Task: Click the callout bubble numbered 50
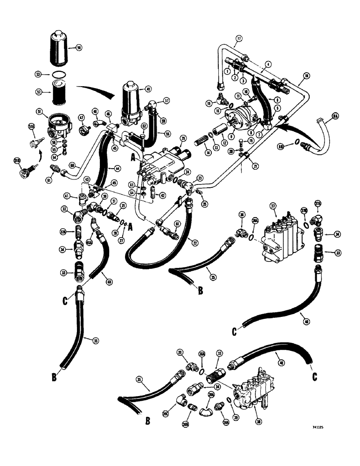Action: [78, 47]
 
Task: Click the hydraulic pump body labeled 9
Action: [246, 114]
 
